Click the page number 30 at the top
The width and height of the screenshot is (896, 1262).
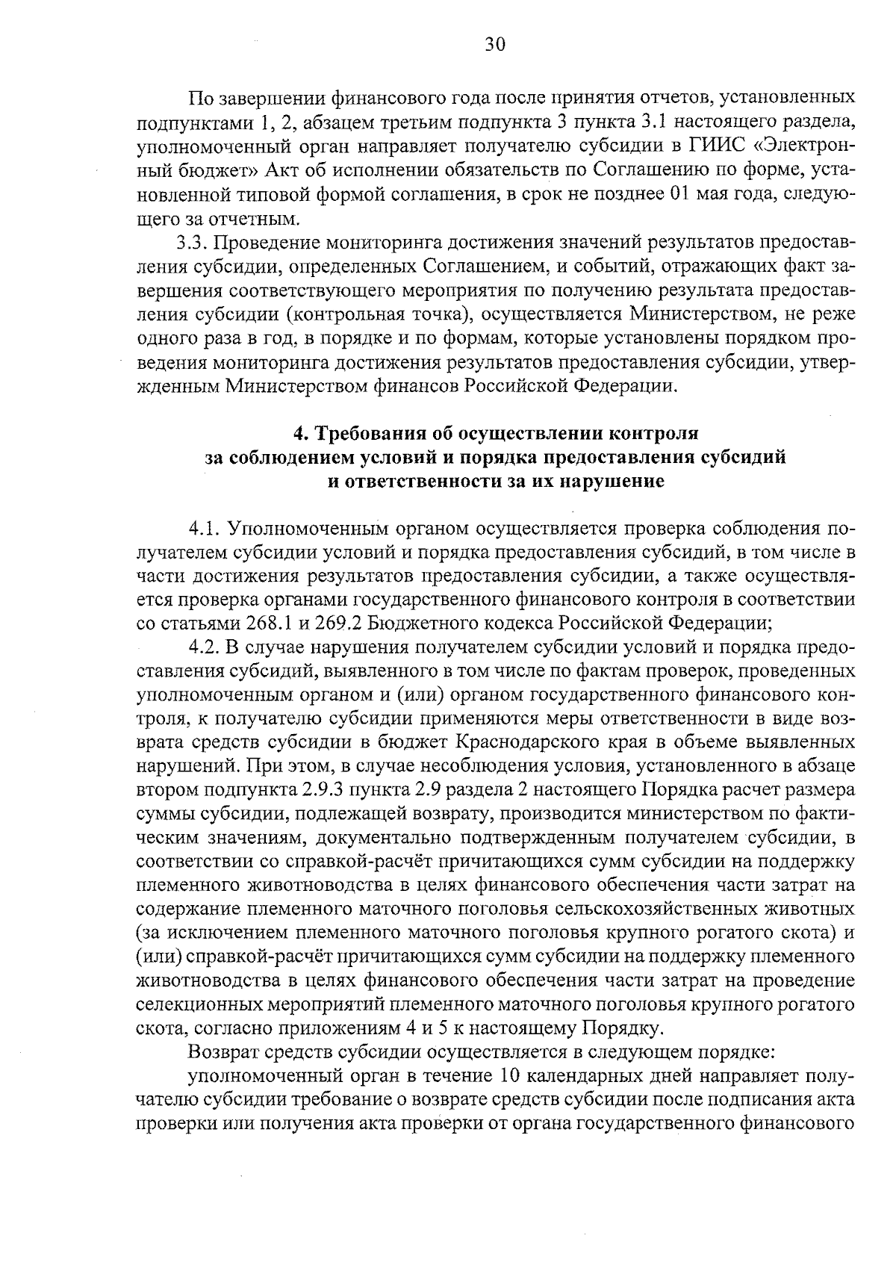495,45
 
